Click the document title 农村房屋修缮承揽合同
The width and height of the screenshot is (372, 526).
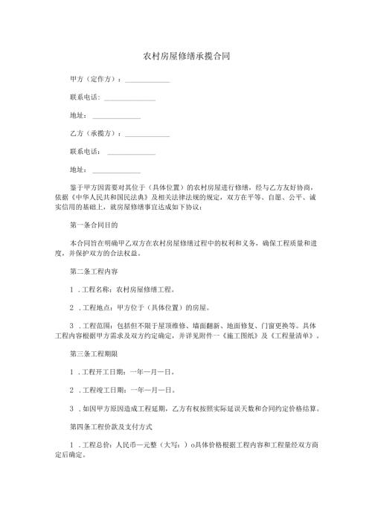[x=185, y=56]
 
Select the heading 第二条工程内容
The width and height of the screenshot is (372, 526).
[x=92, y=271]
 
